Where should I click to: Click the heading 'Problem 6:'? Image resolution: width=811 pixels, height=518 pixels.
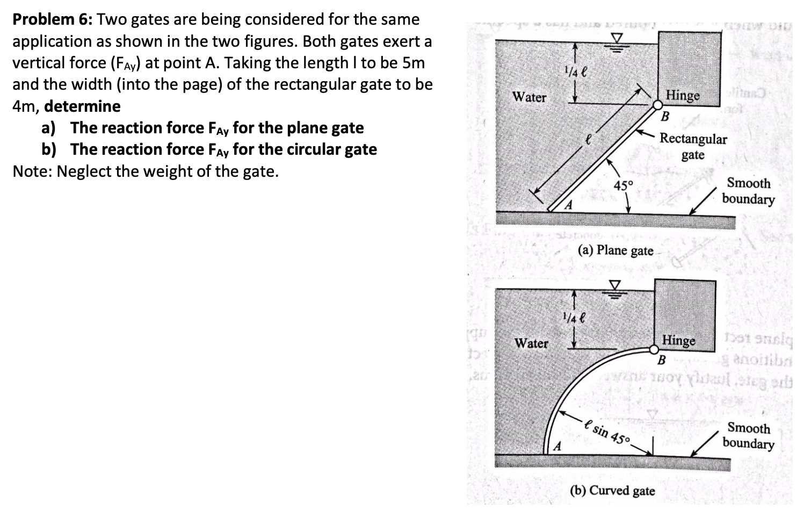click(x=53, y=20)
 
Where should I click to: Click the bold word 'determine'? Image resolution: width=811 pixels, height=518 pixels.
click(x=82, y=106)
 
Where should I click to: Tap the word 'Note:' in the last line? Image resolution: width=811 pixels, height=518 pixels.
click(x=33, y=171)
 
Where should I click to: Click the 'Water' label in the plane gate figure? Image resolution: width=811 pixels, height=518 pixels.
click(x=529, y=97)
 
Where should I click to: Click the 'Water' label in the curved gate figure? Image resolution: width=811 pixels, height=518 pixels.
click(x=531, y=343)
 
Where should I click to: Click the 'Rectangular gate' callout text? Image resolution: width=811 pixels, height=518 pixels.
click(x=693, y=147)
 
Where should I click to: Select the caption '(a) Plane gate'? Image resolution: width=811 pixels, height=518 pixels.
click(x=616, y=250)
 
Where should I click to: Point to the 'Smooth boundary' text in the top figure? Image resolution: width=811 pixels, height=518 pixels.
click(x=748, y=191)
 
